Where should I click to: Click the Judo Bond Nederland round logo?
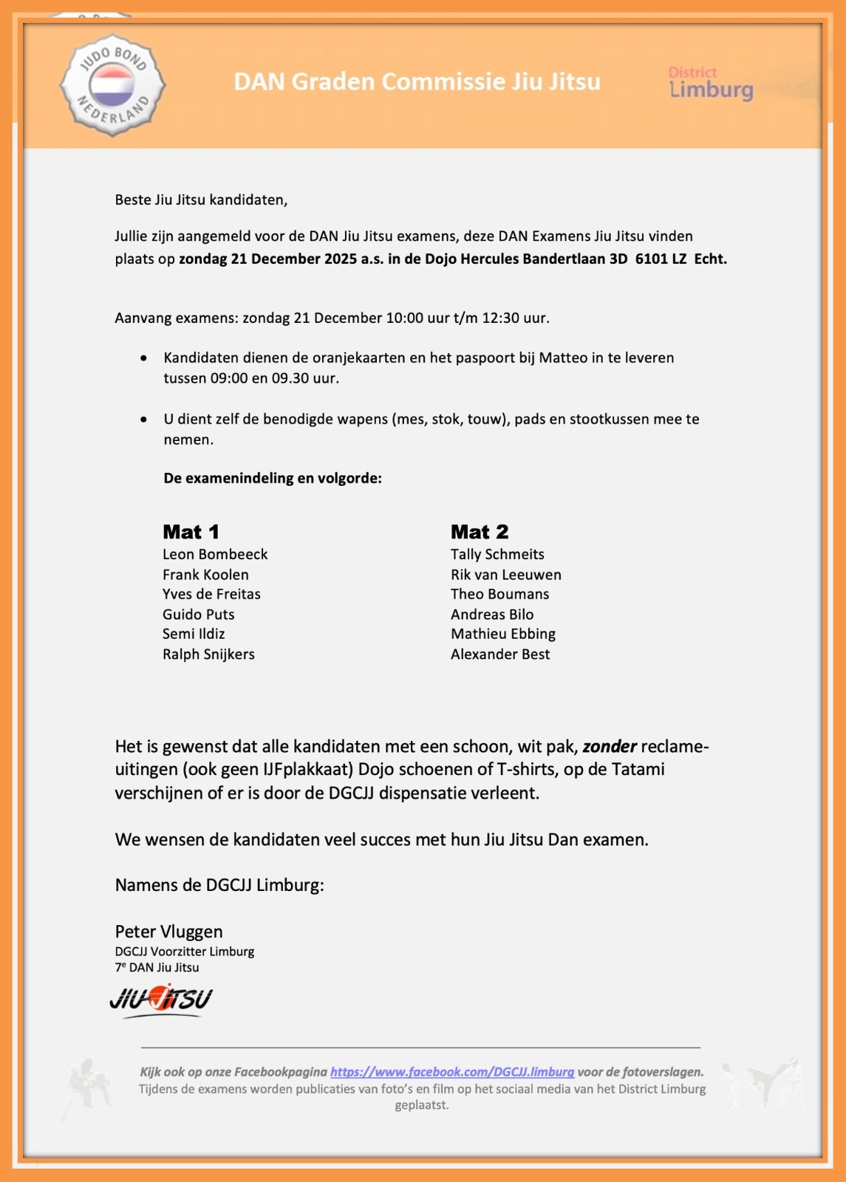[112, 85]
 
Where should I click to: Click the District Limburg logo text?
[710, 83]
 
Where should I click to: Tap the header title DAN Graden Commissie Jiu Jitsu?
[417, 81]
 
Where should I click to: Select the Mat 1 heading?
[191, 532]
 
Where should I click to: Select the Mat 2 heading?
[480, 532]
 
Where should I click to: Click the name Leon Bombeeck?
[215, 554]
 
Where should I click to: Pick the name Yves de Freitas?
[211, 594]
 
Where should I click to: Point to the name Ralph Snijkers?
[208, 654]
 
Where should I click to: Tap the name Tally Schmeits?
[497, 554]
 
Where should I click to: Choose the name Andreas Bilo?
[492, 614]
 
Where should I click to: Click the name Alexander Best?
[500, 654]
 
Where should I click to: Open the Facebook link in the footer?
[452, 1072]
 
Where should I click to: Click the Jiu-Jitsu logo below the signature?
[161, 1000]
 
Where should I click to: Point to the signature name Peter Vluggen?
[168, 932]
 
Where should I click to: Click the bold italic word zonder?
[610, 746]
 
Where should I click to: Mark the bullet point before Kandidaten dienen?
[143, 358]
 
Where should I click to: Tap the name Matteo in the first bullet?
[563, 358]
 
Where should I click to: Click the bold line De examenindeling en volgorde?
[273, 478]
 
